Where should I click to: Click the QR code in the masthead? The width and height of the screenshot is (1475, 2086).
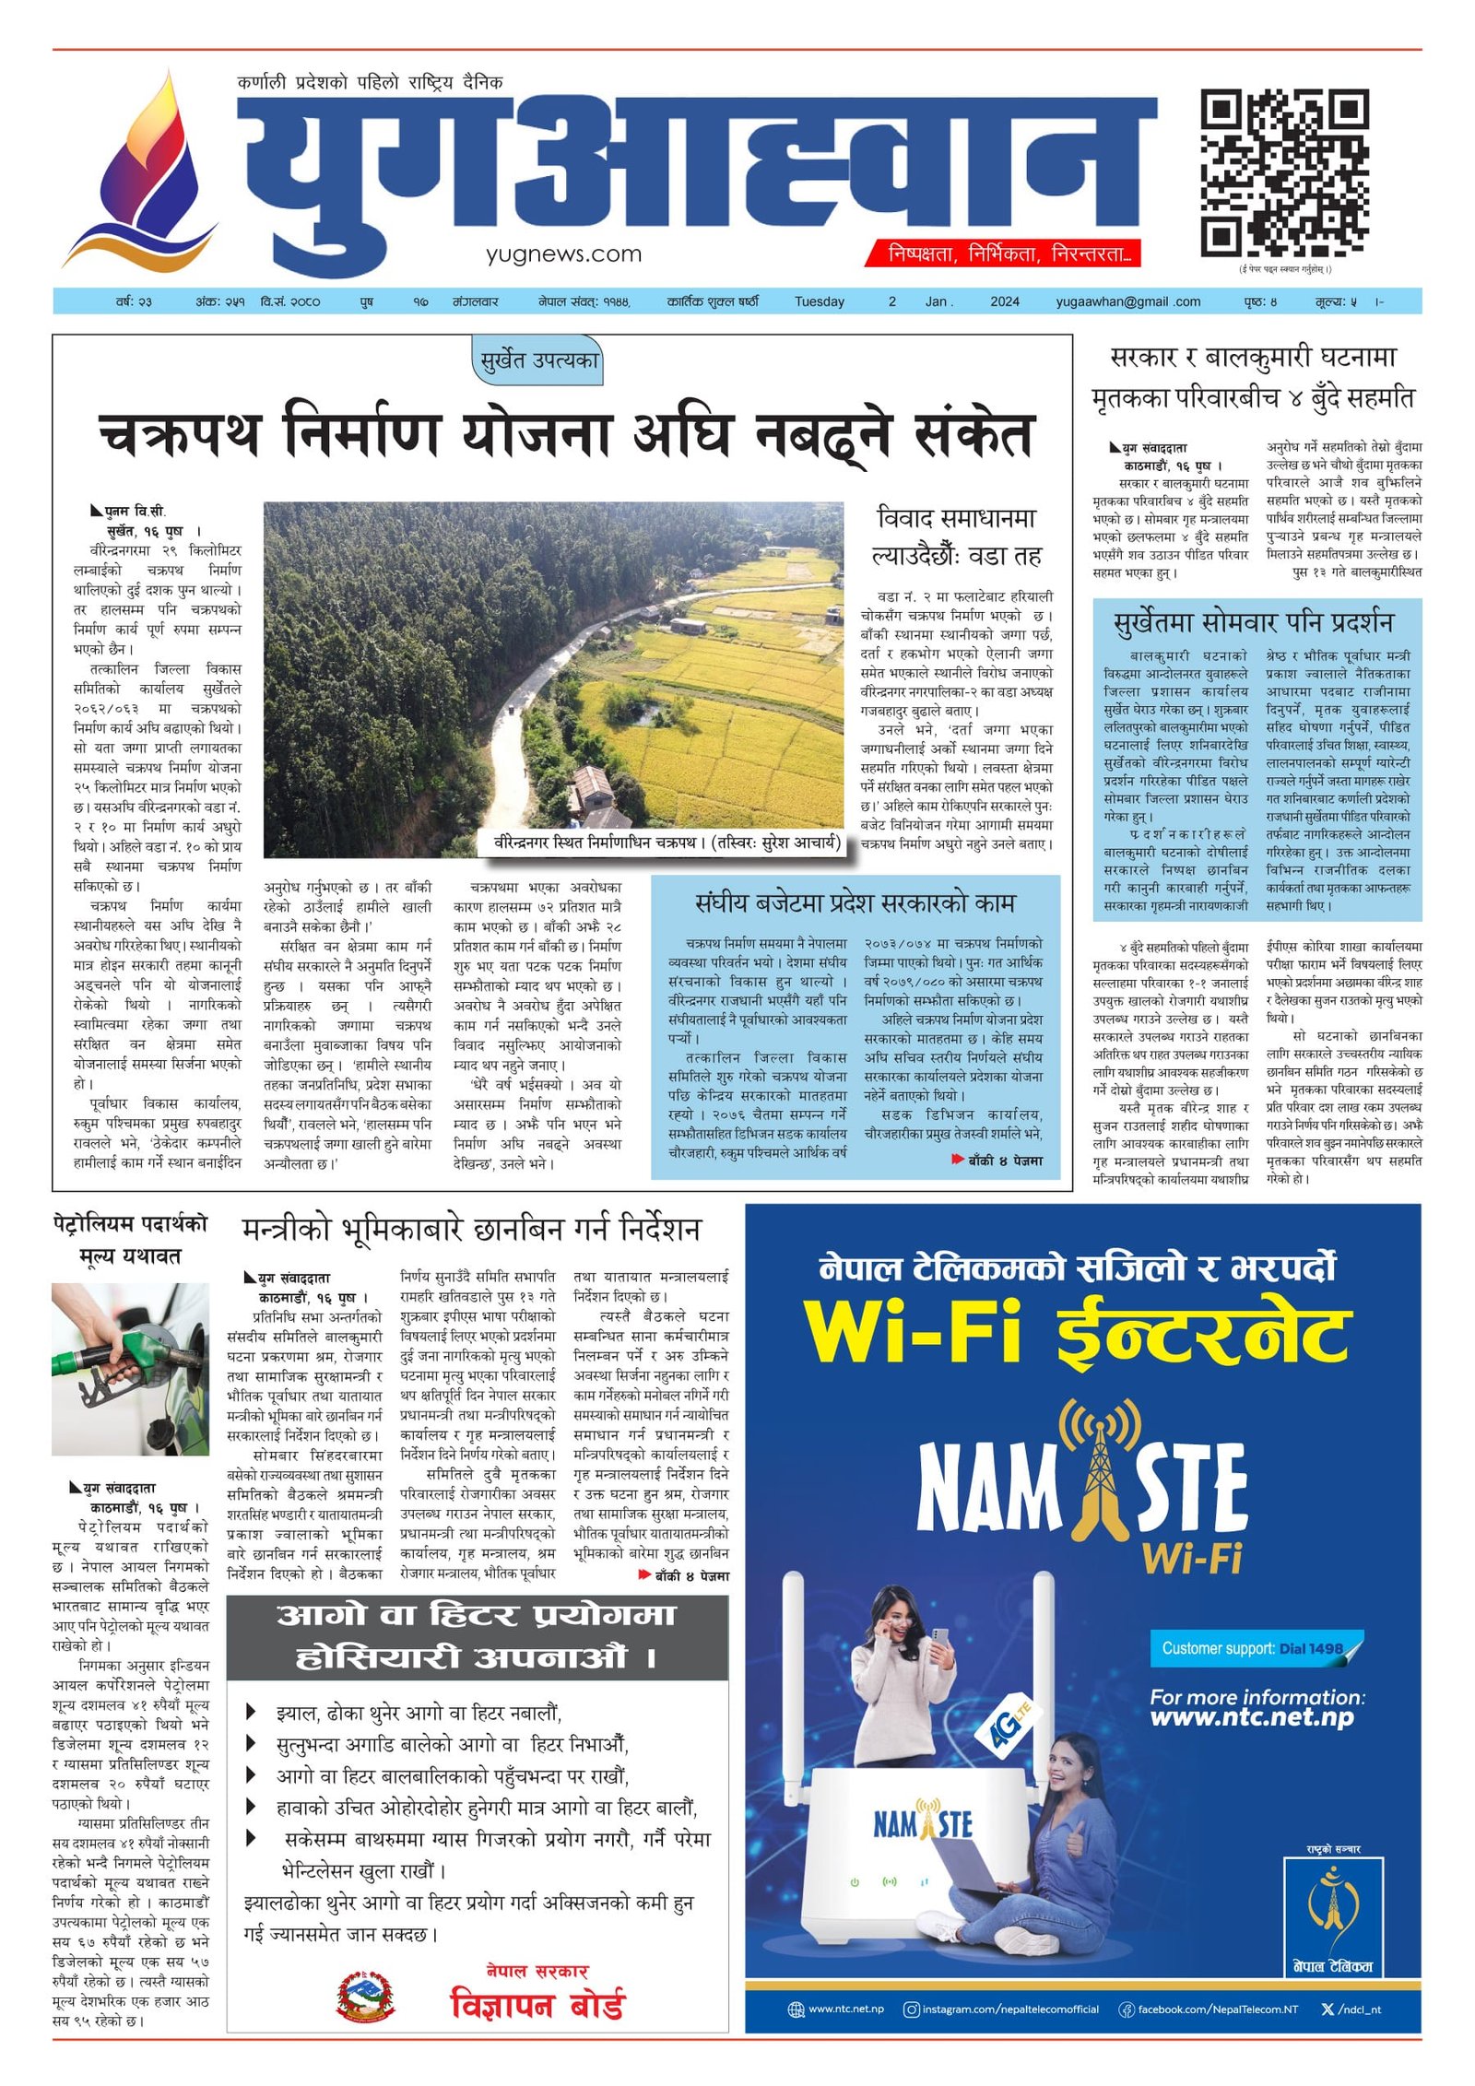click(x=1284, y=173)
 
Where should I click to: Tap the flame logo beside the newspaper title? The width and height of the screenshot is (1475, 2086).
click(x=147, y=171)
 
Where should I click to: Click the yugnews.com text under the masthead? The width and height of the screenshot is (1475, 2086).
click(x=563, y=254)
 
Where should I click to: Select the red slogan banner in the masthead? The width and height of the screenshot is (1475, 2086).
click(x=1003, y=253)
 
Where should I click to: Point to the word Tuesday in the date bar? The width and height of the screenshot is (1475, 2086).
click(x=819, y=301)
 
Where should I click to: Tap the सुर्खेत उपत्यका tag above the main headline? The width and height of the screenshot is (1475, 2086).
click(x=539, y=360)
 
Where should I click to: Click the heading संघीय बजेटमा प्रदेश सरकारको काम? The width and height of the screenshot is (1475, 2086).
click(x=855, y=902)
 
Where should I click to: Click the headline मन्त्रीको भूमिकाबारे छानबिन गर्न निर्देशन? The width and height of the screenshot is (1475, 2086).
click(x=471, y=1229)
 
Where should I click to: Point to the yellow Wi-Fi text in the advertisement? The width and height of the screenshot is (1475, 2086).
click(x=913, y=1332)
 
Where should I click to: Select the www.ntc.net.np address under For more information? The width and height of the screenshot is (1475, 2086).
click(x=1251, y=1717)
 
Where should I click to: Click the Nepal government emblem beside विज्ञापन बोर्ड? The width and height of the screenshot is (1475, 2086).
click(x=365, y=1998)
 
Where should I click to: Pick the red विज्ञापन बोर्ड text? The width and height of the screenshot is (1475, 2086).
click(x=537, y=2006)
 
